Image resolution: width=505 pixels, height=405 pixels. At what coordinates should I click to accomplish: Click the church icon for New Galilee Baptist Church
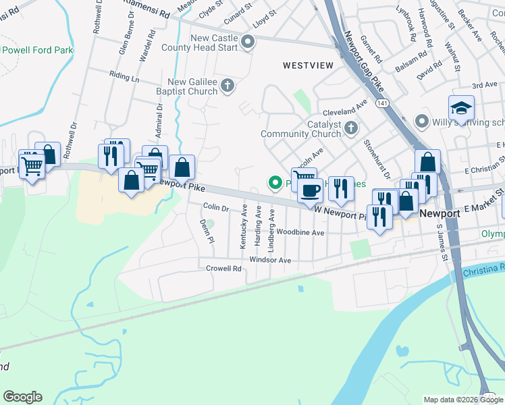228,85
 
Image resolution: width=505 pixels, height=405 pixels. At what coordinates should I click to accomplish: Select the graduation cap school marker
461,109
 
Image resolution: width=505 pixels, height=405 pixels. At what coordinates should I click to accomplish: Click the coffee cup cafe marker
310,191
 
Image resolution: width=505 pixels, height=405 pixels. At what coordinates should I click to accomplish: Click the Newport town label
440,213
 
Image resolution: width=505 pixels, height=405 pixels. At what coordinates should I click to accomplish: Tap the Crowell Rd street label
223,269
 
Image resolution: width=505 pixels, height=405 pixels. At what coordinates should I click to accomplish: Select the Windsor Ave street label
270,260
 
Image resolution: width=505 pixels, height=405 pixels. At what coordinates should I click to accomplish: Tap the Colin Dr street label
216,209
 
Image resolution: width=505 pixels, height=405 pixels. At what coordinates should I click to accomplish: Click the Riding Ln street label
124,78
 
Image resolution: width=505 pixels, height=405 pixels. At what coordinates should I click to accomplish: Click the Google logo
22,397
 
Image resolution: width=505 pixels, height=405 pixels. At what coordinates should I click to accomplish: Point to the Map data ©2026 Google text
462,400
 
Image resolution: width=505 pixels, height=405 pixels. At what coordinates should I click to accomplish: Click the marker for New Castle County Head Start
248,43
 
